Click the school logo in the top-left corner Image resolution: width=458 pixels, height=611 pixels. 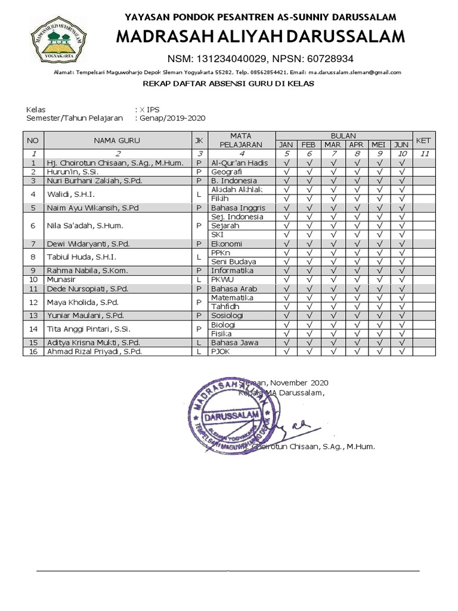(59, 40)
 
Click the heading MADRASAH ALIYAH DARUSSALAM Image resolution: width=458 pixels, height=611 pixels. (260, 38)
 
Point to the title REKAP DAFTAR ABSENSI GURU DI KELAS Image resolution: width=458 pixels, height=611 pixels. (228, 84)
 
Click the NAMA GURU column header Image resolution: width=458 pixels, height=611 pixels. (116, 141)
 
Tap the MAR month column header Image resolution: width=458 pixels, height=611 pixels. (332, 145)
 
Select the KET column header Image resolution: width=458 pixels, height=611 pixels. (423, 141)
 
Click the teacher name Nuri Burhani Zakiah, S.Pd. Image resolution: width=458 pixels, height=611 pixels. (94, 181)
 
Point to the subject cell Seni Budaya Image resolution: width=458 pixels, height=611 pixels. (234, 261)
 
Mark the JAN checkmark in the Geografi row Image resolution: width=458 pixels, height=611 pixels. (286, 172)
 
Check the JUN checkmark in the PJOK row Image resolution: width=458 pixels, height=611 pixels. (402, 351)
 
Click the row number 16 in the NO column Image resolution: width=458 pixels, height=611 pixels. (33, 351)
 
